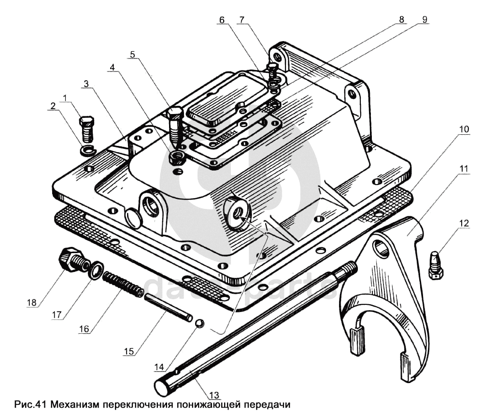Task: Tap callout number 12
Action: (464, 223)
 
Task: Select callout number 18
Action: (32, 302)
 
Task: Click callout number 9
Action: (424, 20)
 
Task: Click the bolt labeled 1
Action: (86, 128)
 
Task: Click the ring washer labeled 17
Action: (96, 270)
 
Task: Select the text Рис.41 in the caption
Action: (30, 404)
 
